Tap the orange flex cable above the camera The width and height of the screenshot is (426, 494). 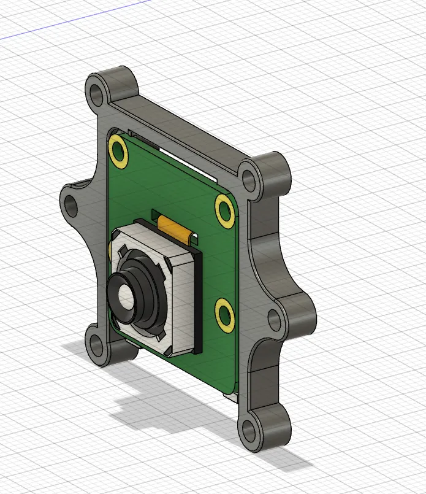(x=175, y=228)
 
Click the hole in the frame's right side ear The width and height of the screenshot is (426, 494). (x=275, y=320)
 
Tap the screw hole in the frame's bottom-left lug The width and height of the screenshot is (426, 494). (x=96, y=345)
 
